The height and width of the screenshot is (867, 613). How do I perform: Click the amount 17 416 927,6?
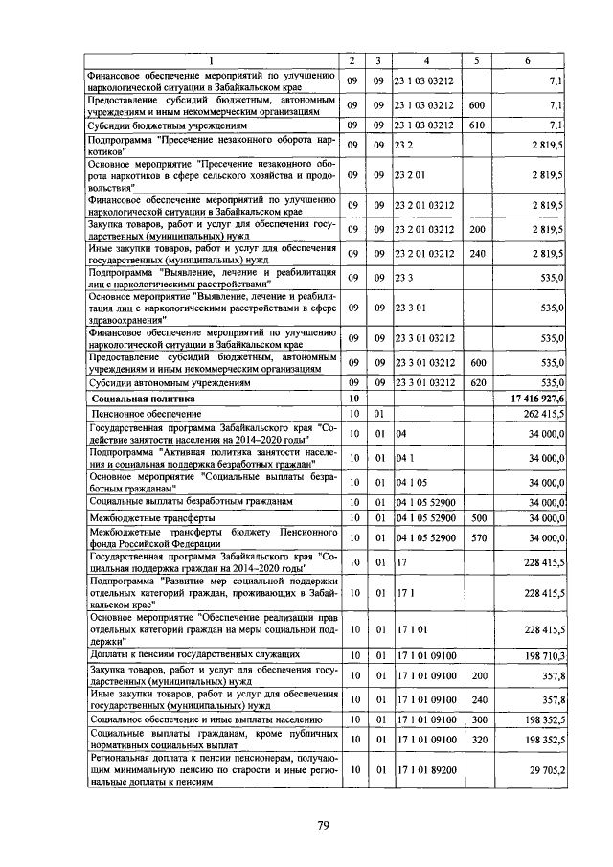(531, 397)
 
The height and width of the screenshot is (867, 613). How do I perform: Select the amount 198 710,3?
(539, 654)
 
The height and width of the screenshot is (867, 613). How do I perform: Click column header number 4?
(426, 61)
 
